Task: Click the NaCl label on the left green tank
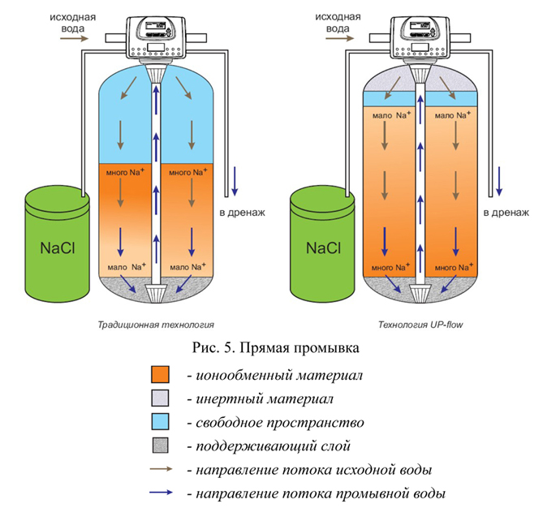point(58,248)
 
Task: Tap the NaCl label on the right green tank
point(323,248)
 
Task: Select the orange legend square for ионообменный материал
point(161,375)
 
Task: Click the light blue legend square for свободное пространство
point(161,421)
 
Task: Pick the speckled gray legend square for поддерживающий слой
point(161,446)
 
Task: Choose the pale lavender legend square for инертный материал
point(161,398)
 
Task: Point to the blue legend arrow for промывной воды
point(161,493)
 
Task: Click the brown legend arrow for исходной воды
point(161,469)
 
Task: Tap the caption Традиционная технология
point(156,325)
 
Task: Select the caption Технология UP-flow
point(420,325)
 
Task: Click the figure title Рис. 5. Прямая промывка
point(276,347)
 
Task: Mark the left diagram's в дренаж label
point(242,212)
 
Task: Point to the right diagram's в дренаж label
point(506,212)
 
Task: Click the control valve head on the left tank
point(157,37)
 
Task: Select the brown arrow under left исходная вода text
point(75,38)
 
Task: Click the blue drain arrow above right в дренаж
point(499,181)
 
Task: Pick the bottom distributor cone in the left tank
point(156,294)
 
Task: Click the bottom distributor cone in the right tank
point(420,294)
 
